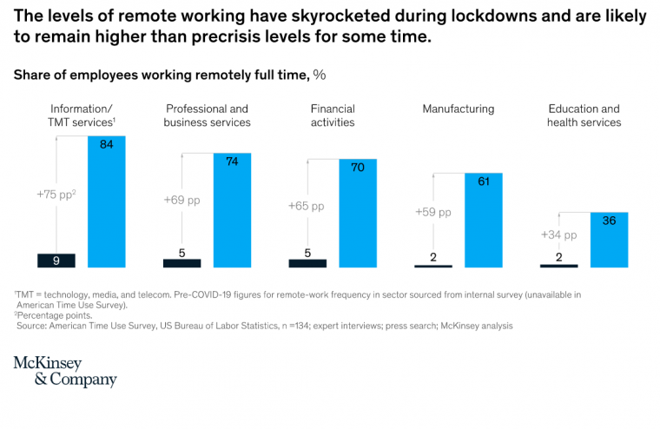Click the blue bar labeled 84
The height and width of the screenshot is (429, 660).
107,201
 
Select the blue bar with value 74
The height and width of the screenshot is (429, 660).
232,209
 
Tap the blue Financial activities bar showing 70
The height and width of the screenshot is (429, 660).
357,213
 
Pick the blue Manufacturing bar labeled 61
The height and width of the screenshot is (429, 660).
483,220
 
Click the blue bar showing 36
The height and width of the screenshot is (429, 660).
609,240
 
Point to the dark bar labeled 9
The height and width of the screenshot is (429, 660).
56,260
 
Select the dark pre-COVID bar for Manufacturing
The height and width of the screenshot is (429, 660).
432,265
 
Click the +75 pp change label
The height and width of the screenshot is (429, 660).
57,195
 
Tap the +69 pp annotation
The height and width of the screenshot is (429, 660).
181,200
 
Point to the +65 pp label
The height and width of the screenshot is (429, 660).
306,206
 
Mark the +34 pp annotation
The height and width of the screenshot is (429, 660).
558,234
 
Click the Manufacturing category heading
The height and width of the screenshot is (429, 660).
458,109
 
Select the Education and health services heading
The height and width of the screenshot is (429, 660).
584,115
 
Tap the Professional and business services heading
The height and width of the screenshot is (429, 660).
207,115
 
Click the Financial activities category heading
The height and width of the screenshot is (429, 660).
333,115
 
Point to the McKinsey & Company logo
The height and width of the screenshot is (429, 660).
65,371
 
